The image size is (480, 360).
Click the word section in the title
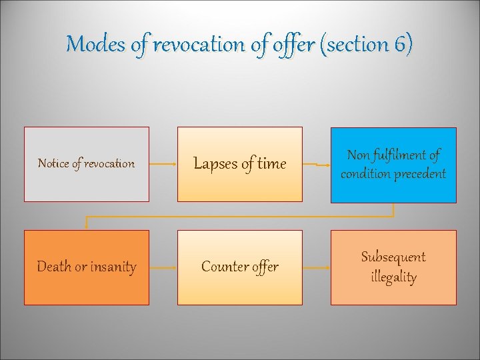(358, 45)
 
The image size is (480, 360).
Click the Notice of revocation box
(87, 164)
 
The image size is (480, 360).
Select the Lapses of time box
(239, 164)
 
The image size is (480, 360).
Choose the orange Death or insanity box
(87, 267)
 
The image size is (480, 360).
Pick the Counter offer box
(239, 267)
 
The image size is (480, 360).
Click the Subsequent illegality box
(393, 267)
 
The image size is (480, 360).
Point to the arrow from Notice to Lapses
(163, 164)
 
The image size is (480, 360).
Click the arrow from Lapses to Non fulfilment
(316, 164)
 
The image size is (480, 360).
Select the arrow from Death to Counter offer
(163, 267)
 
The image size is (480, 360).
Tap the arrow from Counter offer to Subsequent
(316, 267)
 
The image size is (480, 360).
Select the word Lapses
(215, 164)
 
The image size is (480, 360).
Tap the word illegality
(393, 277)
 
